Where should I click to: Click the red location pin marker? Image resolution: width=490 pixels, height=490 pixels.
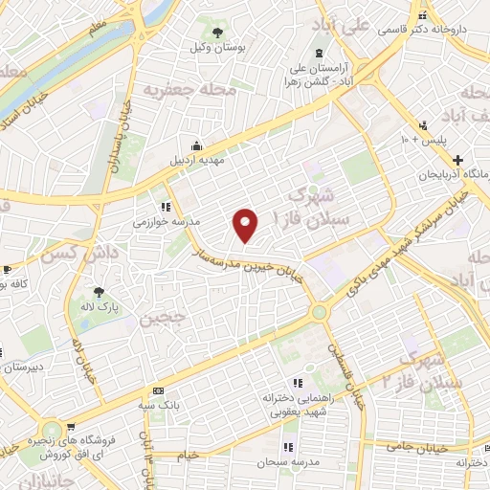point(246,224)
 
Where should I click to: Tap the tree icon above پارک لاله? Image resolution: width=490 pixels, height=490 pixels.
point(99,292)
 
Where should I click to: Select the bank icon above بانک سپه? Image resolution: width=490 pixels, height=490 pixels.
point(158,390)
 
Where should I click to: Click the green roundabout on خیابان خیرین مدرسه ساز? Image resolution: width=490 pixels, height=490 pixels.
point(319,312)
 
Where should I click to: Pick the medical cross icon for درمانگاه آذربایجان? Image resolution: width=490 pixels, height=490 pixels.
point(457,159)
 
